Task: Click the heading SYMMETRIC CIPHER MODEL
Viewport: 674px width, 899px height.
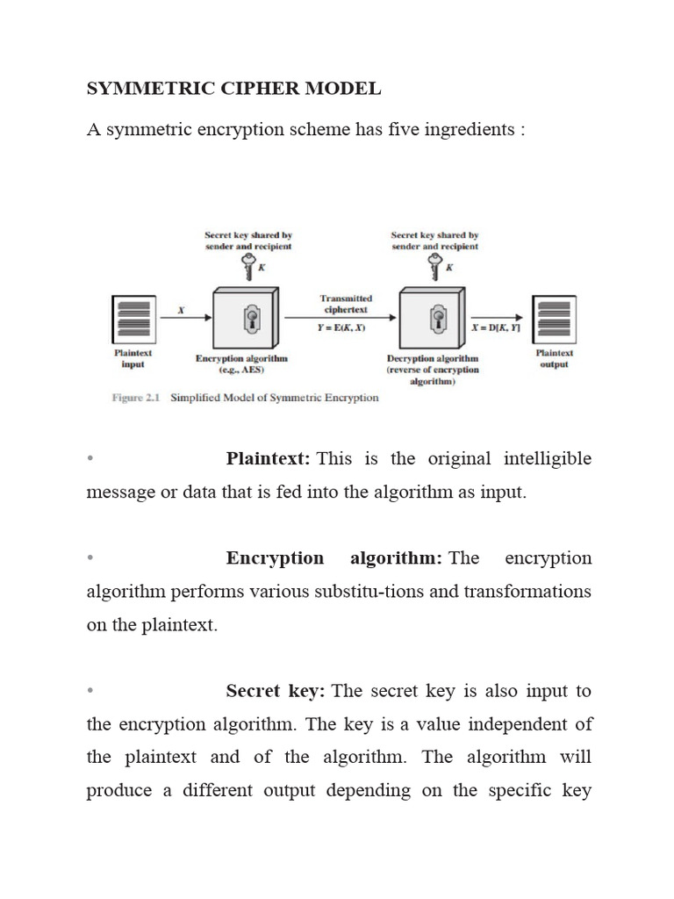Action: [233, 88]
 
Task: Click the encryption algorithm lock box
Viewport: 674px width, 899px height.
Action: [247, 319]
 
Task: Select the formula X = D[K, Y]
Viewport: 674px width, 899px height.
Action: [497, 327]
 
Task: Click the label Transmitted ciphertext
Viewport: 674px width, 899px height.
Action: [346, 304]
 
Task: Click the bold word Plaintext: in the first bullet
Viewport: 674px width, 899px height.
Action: [269, 459]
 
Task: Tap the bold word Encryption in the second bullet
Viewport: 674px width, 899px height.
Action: [275, 558]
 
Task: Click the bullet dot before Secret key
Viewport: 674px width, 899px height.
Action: [90, 692]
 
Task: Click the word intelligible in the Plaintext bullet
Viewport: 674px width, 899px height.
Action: [548, 459]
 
